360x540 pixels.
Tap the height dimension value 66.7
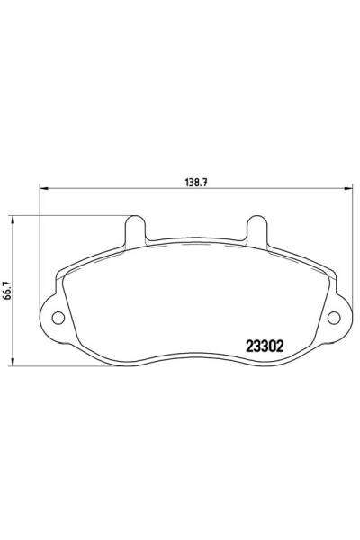[x=6, y=290]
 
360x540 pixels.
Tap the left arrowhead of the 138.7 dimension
[x=41, y=188]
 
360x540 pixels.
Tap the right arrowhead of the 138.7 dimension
[x=349, y=188]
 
